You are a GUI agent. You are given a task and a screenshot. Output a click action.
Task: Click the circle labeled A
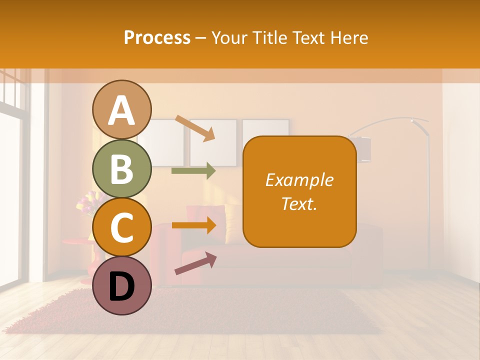(121, 110)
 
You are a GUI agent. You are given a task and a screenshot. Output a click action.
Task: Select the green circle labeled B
(121, 169)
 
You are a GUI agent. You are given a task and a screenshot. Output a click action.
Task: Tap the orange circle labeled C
(121, 227)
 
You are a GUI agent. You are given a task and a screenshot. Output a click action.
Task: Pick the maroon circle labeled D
(121, 286)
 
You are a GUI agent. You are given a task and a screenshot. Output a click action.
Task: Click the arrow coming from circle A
(195, 128)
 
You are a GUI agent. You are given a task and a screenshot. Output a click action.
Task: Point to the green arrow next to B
(193, 171)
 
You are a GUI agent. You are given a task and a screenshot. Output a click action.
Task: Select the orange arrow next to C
(194, 225)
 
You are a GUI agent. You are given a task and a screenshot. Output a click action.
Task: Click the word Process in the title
(157, 37)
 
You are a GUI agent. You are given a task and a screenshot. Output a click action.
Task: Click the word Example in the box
(299, 180)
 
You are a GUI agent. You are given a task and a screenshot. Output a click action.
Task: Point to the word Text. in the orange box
(299, 203)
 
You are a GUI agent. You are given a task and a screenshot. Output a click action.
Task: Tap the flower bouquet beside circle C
(86, 202)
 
